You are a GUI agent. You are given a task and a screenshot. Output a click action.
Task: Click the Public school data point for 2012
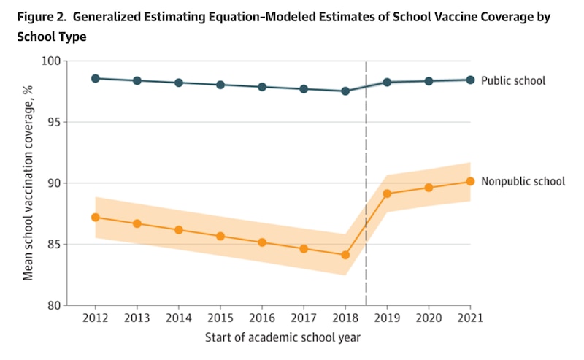(96, 78)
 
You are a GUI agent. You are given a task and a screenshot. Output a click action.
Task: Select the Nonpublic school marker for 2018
(345, 255)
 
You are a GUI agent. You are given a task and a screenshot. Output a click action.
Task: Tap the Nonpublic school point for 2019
(387, 194)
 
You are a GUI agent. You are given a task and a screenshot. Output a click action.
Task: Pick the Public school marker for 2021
(470, 80)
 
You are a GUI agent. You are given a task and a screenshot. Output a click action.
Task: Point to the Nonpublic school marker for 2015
(220, 236)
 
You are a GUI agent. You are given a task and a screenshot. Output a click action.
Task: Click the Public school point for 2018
(345, 91)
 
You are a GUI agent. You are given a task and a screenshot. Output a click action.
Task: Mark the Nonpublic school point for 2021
(470, 181)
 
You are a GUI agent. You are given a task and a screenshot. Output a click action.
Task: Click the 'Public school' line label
(513, 80)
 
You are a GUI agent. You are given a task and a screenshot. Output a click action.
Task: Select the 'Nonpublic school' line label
(523, 181)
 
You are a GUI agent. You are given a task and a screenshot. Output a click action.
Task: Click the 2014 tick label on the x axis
(179, 319)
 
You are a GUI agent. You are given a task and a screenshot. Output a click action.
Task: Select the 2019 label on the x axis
(387, 319)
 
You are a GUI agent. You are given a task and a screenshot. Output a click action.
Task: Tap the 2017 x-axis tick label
(304, 319)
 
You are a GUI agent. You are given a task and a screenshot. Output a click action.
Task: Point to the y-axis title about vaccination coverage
(28, 183)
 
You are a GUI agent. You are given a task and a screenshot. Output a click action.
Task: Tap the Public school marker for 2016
(262, 87)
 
